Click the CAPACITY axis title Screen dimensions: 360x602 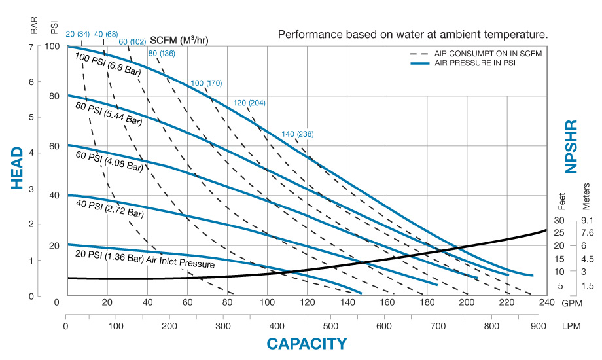coord(306,343)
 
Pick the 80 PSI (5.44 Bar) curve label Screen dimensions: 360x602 coord(108,112)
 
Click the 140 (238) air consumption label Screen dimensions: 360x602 coord(298,134)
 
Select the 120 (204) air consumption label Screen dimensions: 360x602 coord(249,103)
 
